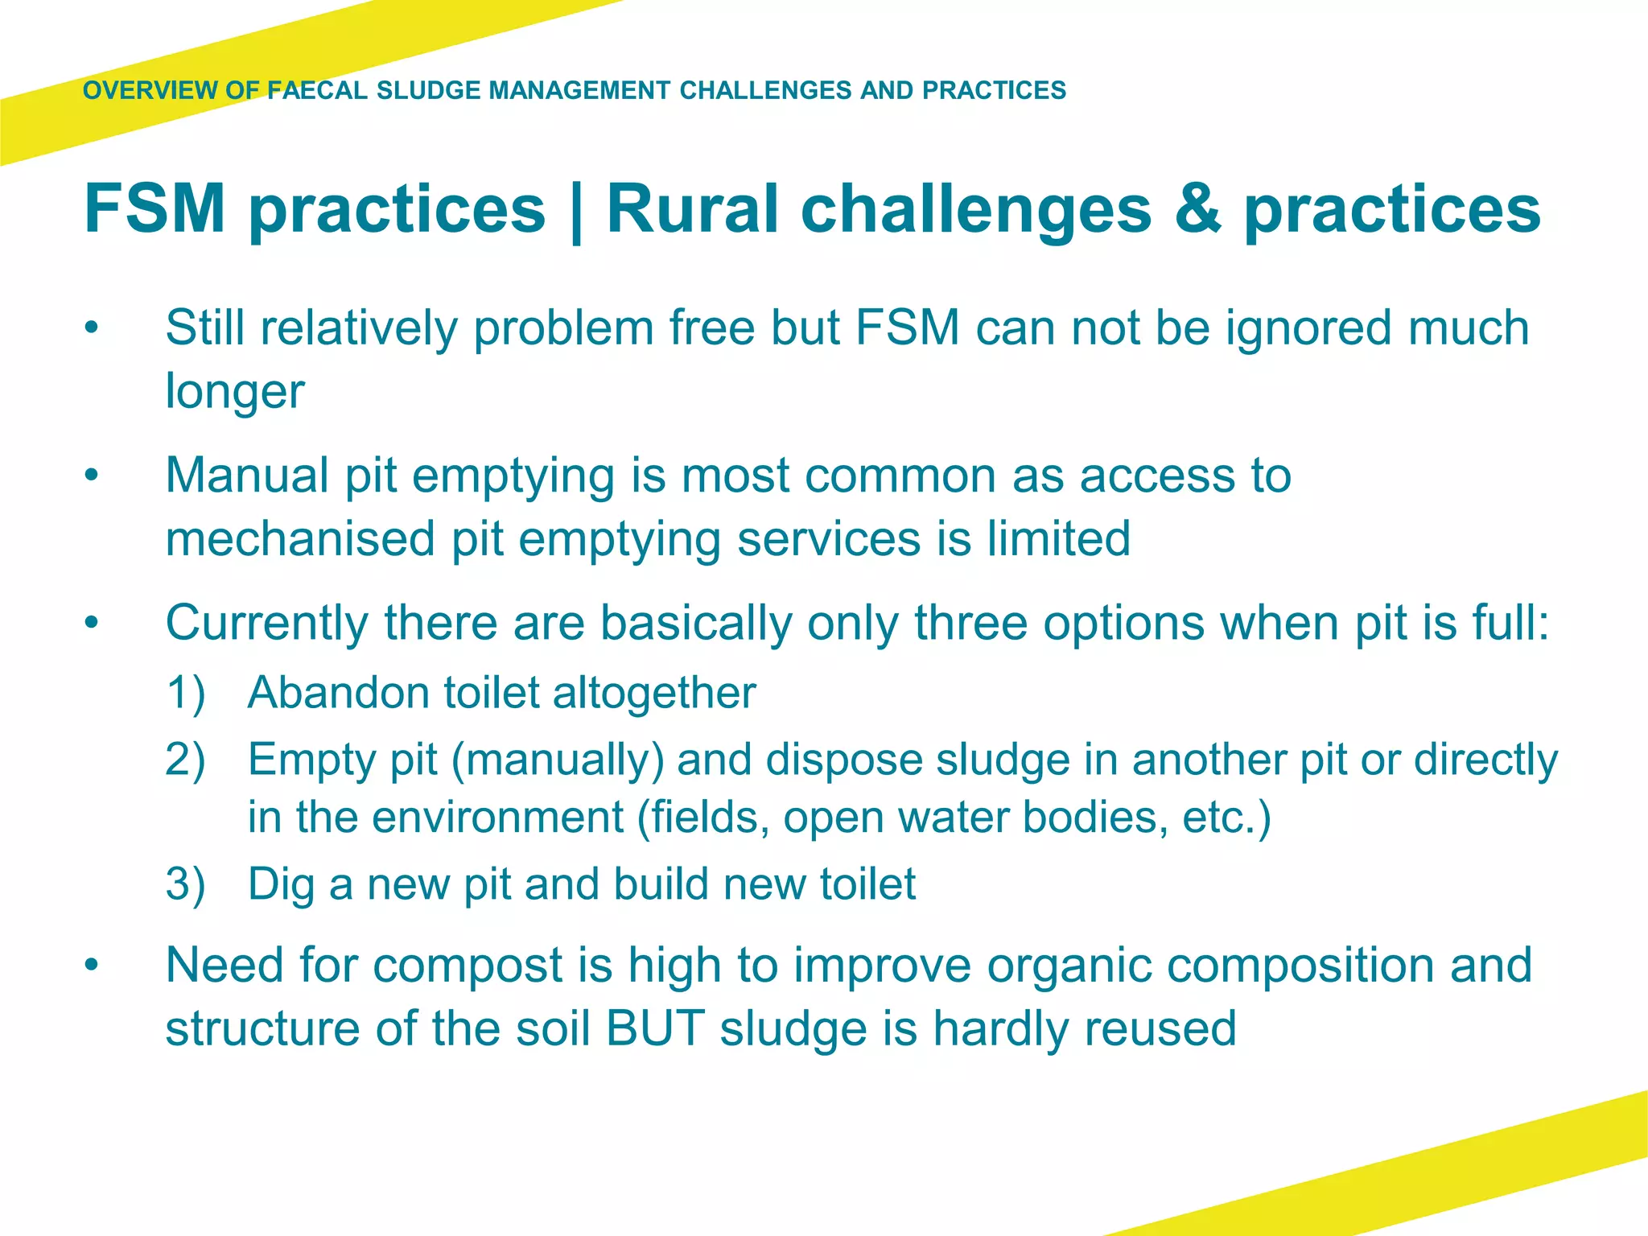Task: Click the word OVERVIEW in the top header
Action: coord(150,90)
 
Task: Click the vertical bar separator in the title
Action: coord(576,210)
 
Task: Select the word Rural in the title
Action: coord(693,208)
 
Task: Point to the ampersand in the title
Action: coord(1198,208)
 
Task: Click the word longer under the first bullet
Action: coord(235,392)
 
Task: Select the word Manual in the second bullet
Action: coord(247,475)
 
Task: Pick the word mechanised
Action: coord(300,538)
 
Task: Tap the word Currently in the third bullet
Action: coord(266,624)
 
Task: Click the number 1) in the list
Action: coord(186,693)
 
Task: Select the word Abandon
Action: coord(338,693)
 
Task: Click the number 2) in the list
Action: coord(186,760)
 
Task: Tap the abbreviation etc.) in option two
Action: coord(1226,818)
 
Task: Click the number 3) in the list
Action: coord(186,884)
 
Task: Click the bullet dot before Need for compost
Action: coord(93,965)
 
